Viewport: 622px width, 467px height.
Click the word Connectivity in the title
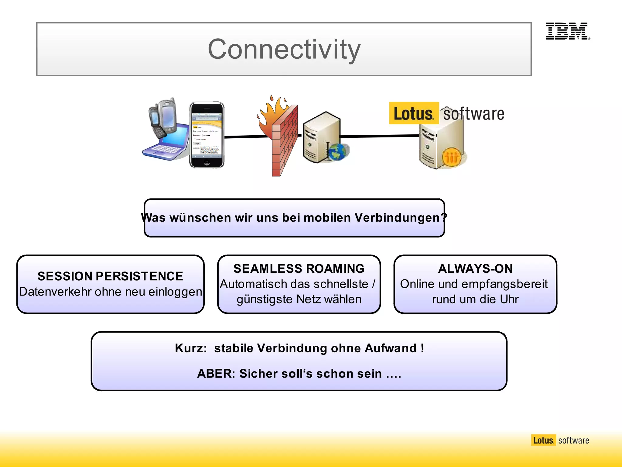click(284, 49)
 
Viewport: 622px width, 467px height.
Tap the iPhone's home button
click(207, 163)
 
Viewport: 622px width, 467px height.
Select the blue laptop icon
click(167, 143)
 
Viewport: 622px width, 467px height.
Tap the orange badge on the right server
click(452, 157)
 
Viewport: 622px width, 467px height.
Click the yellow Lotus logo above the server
click(414, 113)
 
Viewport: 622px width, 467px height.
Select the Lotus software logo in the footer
click(560, 440)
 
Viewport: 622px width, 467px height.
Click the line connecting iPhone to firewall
click(246, 137)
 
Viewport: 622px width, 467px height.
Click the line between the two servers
click(380, 136)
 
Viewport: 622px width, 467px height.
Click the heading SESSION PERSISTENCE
click(110, 276)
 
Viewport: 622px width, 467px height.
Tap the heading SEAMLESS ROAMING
click(299, 268)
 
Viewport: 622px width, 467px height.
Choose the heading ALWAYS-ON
click(475, 268)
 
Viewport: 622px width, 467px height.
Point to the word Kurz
click(191, 348)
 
